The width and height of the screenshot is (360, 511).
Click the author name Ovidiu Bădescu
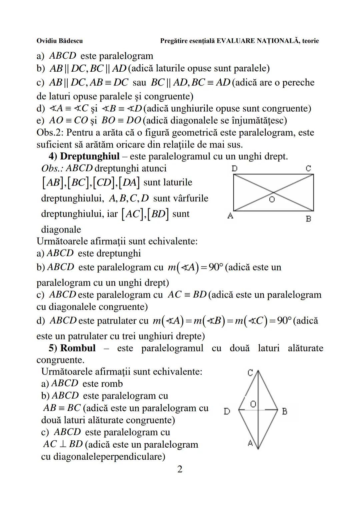59,41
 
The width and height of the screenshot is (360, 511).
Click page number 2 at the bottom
180,469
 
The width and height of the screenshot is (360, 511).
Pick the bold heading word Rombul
78,348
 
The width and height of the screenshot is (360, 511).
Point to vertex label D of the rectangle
234,169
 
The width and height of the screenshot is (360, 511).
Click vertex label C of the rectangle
308,169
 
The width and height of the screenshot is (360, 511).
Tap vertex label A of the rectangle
230,216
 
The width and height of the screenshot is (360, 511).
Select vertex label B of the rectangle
308,219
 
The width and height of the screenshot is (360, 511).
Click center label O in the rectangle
272,200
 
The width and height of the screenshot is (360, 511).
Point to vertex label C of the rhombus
250,373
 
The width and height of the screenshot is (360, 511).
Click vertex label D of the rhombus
227,412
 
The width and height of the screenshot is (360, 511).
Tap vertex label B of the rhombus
284,412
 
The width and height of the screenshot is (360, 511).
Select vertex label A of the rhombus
250,443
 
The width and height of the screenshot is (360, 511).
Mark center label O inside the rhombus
253,404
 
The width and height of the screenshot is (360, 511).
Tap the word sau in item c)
139,82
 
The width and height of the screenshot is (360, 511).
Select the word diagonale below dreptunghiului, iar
61,229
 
